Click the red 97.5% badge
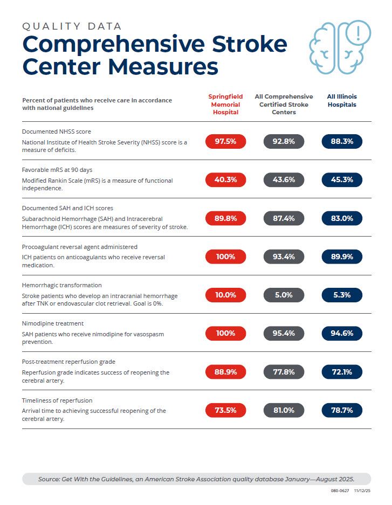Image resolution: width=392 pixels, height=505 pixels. click(225, 142)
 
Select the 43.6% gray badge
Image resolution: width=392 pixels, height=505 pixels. click(284, 180)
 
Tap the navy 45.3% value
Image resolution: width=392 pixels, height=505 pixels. click(342, 180)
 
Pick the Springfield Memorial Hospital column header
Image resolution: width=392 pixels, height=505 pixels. click(225, 105)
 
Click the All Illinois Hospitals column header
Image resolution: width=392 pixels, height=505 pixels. click(342, 101)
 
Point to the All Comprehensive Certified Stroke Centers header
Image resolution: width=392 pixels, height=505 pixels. click(284, 105)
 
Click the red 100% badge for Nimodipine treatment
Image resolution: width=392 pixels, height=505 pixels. click(225, 334)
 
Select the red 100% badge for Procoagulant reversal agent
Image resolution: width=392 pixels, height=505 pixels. click(225, 257)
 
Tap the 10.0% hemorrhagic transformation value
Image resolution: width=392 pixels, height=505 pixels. click(225, 295)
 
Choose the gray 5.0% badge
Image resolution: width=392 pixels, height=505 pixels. click(284, 295)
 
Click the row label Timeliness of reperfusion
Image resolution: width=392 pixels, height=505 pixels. click(57, 400)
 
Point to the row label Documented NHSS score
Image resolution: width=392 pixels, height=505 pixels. click(56, 132)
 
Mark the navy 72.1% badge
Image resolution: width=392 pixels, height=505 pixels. click(342, 372)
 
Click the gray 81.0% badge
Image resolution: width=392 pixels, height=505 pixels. click(284, 410)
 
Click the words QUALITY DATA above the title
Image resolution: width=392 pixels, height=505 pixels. click(72, 26)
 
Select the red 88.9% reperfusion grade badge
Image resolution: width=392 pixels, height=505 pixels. click(225, 372)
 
